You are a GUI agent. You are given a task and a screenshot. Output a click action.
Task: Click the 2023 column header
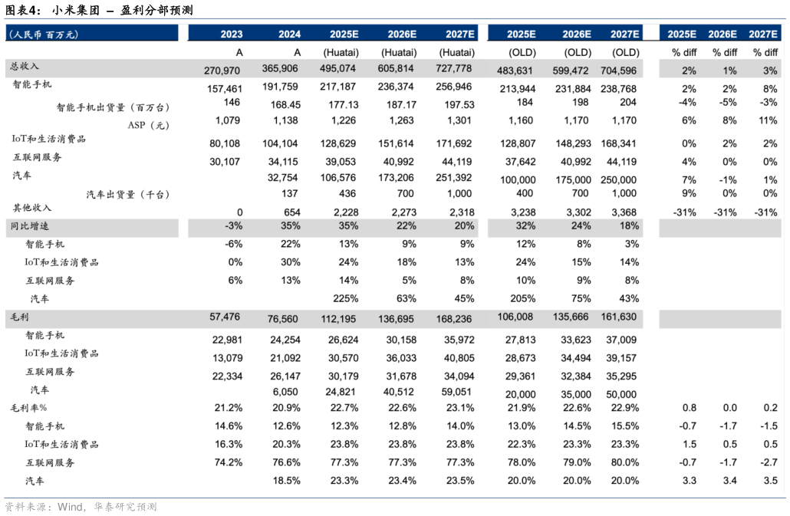pyautogui.click(x=231, y=34)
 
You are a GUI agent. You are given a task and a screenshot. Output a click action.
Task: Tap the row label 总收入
pyautogui.click(x=25, y=67)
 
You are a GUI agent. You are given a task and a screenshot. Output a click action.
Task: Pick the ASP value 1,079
pyautogui.click(x=228, y=120)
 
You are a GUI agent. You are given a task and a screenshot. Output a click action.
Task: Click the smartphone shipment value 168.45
pyautogui.click(x=285, y=104)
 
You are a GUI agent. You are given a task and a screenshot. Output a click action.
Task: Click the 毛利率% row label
pyautogui.click(x=28, y=407)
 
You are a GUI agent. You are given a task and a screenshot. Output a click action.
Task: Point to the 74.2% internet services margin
pyautogui.click(x=229, y=462)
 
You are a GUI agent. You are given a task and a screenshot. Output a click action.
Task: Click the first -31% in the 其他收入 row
pyautogui.click(x=684, y=212)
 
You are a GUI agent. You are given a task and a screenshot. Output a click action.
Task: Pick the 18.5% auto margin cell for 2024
pyautogui.click(x=286, y=481)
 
